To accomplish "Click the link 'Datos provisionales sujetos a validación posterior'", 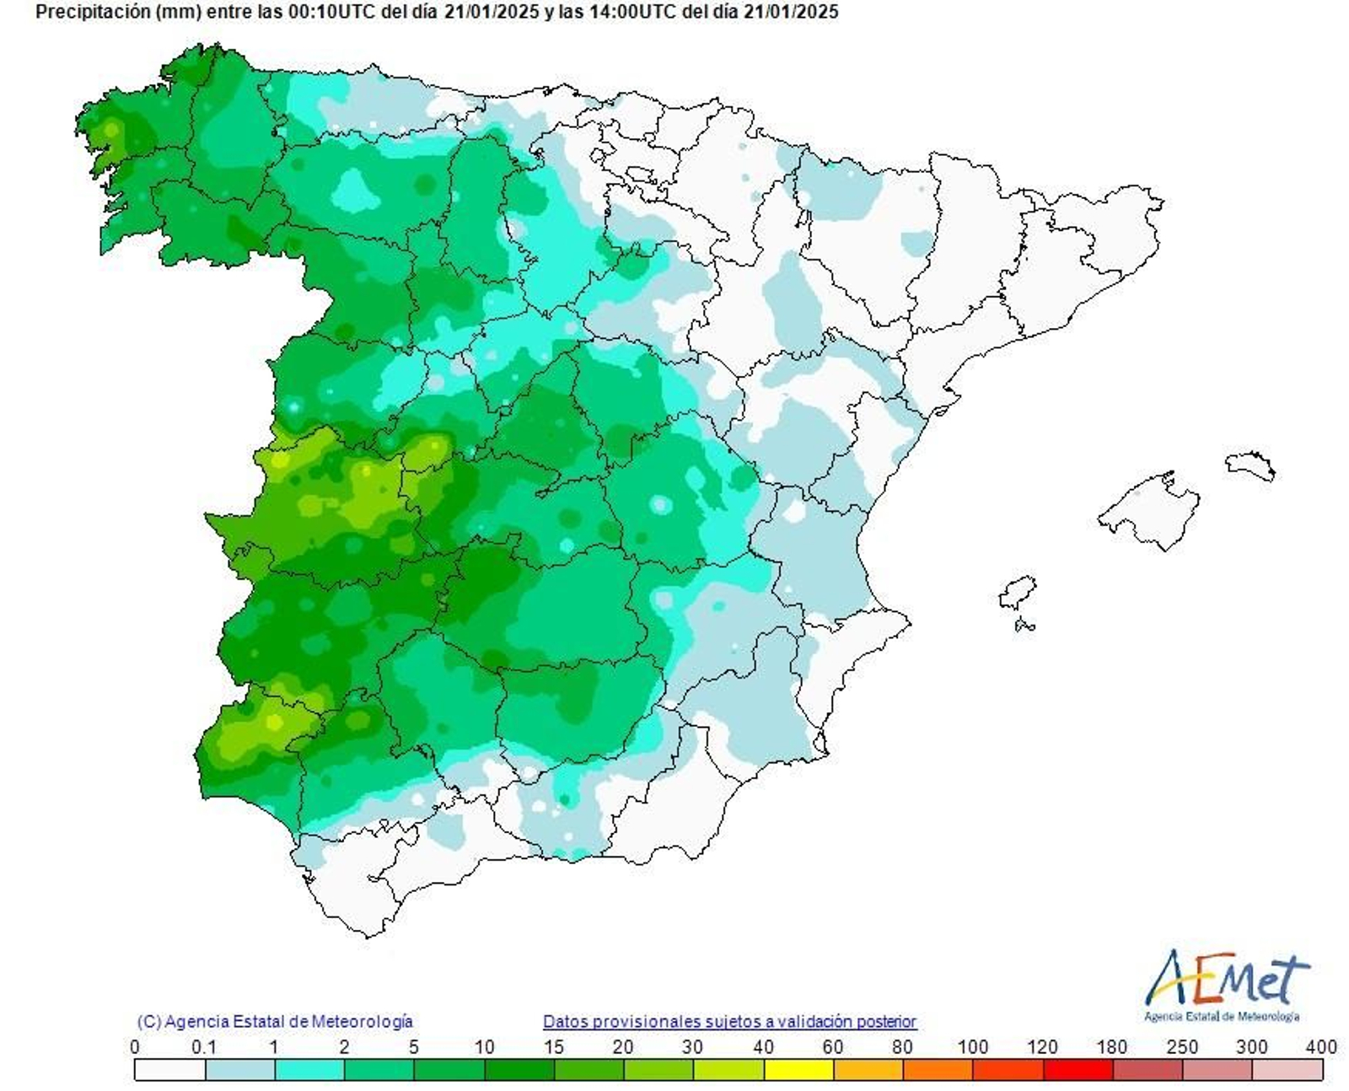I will [x=729, y=1021].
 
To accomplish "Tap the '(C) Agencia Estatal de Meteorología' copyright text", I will [x=275, y=1021].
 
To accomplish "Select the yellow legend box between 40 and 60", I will [x=798, y=1070].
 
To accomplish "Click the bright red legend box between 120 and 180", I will [x=1078, y=1070].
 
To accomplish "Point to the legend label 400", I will [x=1320, y=1047].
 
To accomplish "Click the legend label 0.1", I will [x=204, y=1047].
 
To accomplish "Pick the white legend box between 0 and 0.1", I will [x=169, y=1070].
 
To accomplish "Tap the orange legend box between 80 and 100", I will [x=938, y=1070].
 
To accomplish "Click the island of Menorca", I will [x=1250, y=465].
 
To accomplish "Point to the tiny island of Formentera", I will [x=1025, y=626].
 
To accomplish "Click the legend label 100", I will [x=972, y=1047].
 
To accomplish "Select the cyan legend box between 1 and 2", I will [x=309, y=1070].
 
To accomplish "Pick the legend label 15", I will [x=553, y=1047].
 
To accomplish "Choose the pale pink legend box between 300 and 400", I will [x=1287, y=1070].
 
